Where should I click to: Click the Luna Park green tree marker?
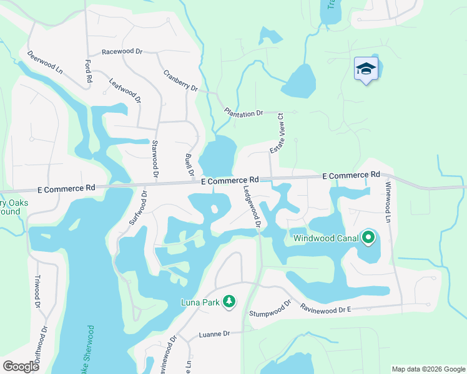[229, 302]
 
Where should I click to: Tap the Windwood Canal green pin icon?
[368, 237]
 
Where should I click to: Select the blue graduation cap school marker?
[366, 69]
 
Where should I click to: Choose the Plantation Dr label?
[243, 113]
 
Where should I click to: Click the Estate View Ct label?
[277, 133]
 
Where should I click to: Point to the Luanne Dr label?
[214, 334]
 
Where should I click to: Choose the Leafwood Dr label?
[125, 90]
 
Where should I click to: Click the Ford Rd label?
[88, 72]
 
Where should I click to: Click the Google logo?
[21, 366]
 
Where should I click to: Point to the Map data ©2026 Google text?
[428, 369]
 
